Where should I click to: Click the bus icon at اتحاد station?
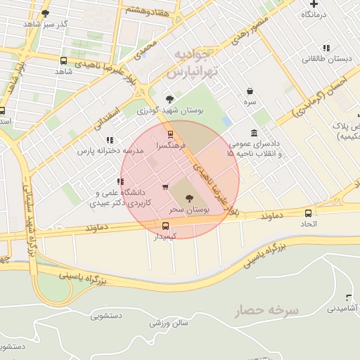click(x=308, y=213)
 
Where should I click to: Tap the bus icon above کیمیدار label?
click(x=166, y=226)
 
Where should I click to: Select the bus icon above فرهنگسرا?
click(x=169, y=134)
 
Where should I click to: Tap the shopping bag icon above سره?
click(x=250, y=91)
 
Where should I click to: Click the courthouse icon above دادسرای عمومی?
click(x=253, y=134)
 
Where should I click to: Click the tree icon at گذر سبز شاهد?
click(x=46, y=13)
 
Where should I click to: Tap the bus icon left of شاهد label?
click(x=64, y=61)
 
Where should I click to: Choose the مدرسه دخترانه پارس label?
click(x=105, y=150)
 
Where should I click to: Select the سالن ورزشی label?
click(x=169, y=323)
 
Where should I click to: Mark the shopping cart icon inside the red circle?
click(x=165, y=187)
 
